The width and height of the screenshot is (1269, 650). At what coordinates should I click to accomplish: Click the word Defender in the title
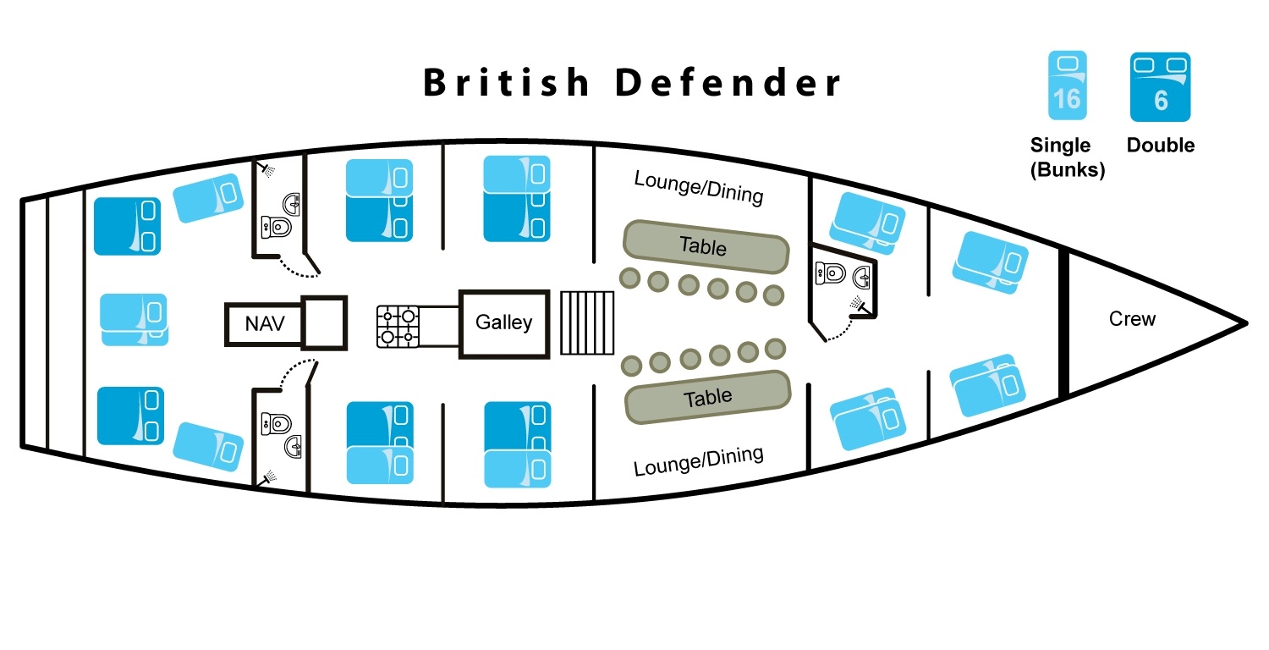728,83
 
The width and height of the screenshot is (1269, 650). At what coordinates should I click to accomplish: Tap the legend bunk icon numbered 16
1067,85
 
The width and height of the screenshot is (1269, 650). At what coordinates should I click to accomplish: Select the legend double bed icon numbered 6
1161,86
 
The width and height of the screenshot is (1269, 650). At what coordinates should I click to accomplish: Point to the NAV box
263,323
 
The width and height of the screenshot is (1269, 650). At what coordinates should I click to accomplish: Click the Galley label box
504,322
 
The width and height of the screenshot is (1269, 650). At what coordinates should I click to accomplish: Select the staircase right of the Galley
588,323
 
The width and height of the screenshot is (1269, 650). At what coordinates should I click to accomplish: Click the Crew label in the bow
1132,319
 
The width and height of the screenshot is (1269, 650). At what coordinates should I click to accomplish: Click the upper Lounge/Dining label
699,188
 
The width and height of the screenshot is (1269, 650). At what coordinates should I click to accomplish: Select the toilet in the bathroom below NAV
277,421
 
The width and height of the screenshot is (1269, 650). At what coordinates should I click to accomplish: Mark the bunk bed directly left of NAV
135,319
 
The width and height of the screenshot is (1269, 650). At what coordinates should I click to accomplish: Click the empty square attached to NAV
325,322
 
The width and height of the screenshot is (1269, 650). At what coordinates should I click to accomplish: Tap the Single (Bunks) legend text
1067,157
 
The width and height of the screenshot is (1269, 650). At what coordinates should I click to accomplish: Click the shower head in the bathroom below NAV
269,477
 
